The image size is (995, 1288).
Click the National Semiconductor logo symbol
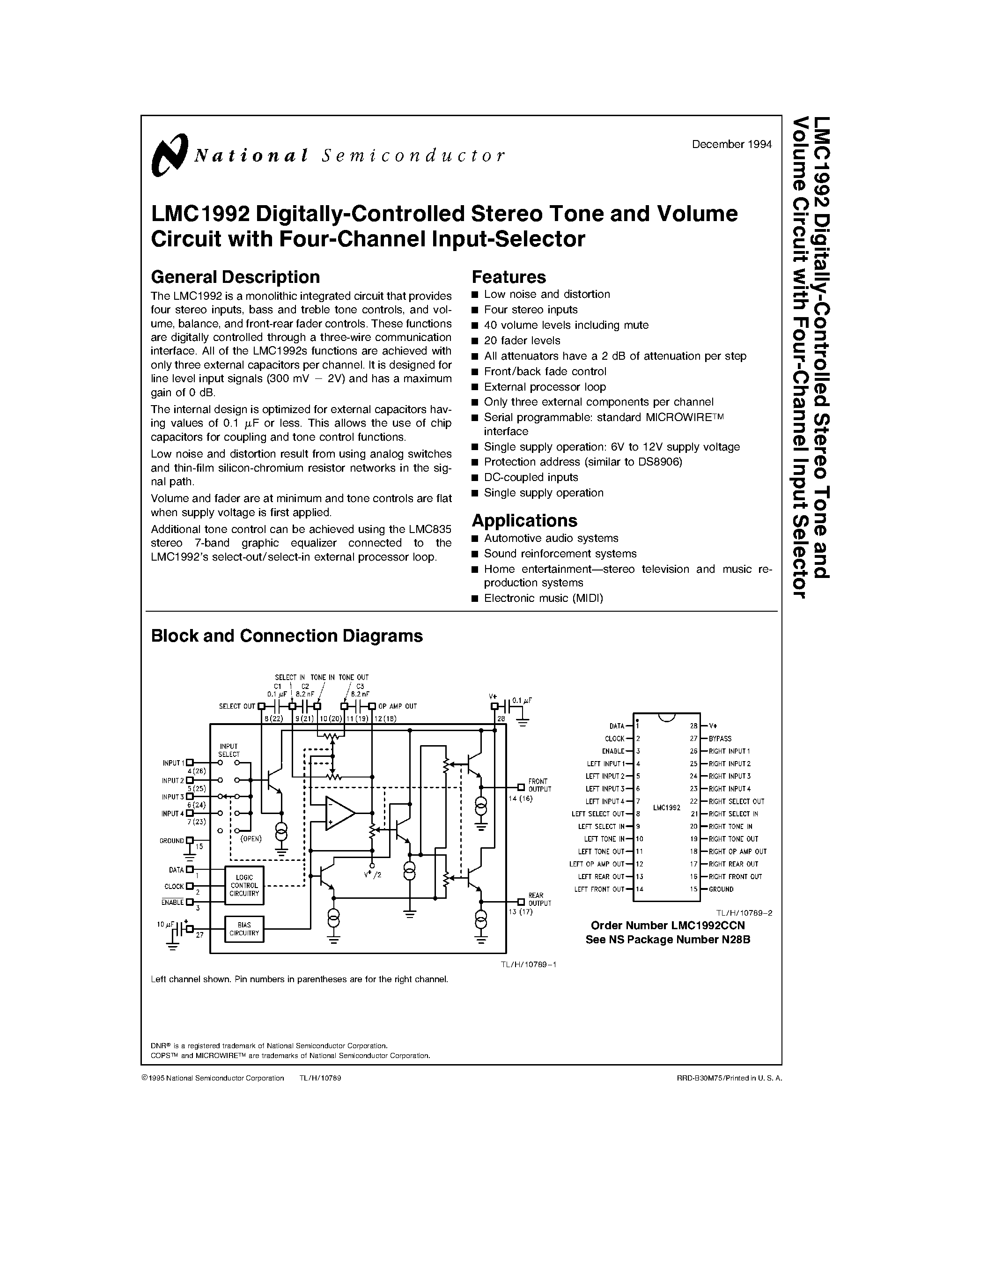coord(169,155)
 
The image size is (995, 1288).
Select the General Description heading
coord(235,277)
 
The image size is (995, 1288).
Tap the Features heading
coord(509,277)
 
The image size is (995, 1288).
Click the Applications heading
coord(524,520)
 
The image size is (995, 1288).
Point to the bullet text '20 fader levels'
coord(522,341)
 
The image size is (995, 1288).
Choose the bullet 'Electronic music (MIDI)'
coord(543,598)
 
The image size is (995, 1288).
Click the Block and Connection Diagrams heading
coord(287,635)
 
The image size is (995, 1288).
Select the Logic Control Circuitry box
coord(244,885)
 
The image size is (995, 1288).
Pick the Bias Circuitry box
coord(244,929)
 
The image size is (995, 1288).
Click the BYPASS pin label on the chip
coord(720,738)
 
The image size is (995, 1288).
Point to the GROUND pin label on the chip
coord(721,889)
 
